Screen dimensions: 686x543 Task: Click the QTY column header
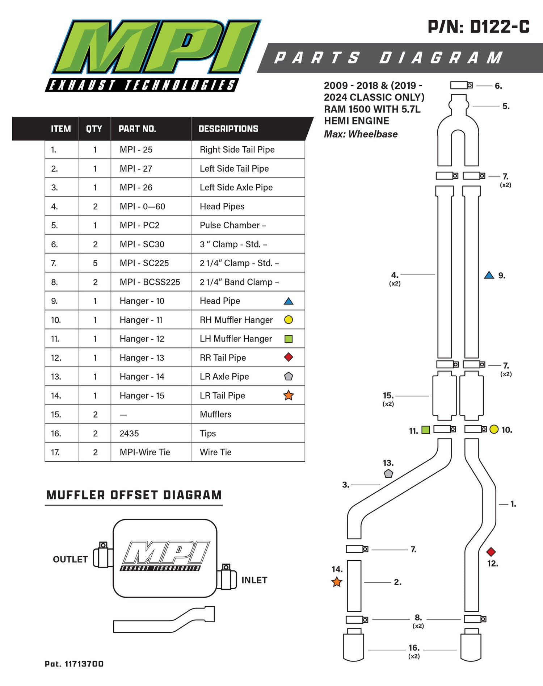pos(94,129)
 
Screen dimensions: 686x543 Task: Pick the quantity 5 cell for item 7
pos(95,263)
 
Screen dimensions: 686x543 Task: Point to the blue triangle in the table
pos(289,301)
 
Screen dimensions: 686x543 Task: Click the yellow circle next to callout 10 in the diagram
pos(494,429)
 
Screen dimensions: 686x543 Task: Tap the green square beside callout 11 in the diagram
pos(426,430)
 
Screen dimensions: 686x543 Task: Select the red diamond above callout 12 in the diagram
pos(491,552)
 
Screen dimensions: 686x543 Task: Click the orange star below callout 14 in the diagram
pos(337,582)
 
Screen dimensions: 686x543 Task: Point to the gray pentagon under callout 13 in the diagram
pos(388,473)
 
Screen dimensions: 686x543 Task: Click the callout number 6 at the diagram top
pos(498,86)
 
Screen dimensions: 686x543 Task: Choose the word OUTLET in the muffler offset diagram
pos(70,559)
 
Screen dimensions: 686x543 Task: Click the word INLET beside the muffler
pos(254,580)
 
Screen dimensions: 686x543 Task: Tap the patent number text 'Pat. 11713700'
pos(74,664)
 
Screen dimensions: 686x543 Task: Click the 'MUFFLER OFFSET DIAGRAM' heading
pos(134,495)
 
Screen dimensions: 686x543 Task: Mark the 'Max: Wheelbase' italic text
pos(361,134)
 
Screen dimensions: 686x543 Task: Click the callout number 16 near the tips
pos(414,648)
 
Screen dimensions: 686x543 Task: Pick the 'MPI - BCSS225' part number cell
pos(150,282)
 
